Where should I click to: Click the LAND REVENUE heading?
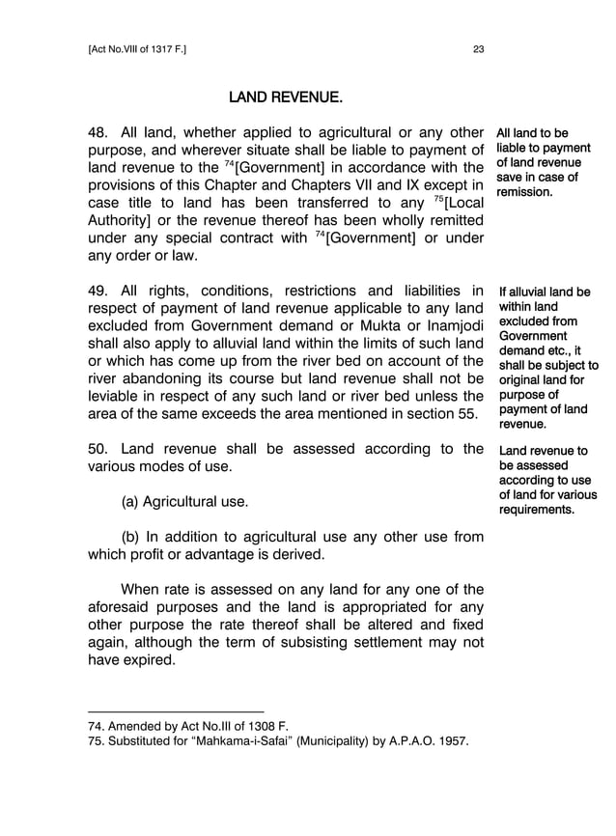point(285,98)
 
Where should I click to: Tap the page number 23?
point(478,50)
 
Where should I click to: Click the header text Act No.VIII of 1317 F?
point(136,50)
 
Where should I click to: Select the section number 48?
point(98,132)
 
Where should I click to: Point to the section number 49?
point(98,291)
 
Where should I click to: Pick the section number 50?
point(98,449)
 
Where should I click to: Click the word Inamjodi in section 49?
point(451,325)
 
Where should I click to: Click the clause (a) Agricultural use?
point(183,502)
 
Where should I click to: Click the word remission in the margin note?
point(524,192)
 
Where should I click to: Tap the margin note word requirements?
point(537,510)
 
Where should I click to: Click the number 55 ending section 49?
point(464,414)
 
